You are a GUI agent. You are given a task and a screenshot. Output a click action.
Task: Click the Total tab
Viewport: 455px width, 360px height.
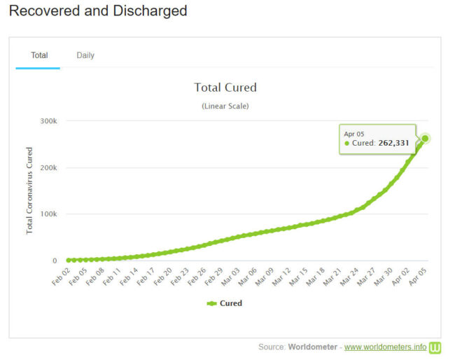click(x=39, y=55)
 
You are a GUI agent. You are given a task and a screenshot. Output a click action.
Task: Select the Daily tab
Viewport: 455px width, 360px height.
click(x=85, y=55)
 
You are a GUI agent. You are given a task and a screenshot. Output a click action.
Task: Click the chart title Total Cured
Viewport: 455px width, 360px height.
click(x=225, y=88)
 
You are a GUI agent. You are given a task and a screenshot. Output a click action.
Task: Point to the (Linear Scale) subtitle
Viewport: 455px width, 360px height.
click(x=225, y=106)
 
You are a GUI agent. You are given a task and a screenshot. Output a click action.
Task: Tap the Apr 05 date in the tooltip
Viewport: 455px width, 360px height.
click(x=353, y=133)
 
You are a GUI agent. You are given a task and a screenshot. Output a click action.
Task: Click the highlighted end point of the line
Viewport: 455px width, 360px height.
click(x=425, y=139)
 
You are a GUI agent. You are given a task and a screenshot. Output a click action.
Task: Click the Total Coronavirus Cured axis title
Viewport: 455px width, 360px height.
click(x=30, y=191)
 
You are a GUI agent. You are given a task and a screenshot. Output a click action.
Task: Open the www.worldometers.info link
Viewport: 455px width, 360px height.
click(x=385, y=347)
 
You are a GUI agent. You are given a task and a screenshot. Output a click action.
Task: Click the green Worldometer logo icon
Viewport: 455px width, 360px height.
click(x=435, y=347)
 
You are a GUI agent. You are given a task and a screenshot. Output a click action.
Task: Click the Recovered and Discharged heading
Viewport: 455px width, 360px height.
click(x=99, y=11)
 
